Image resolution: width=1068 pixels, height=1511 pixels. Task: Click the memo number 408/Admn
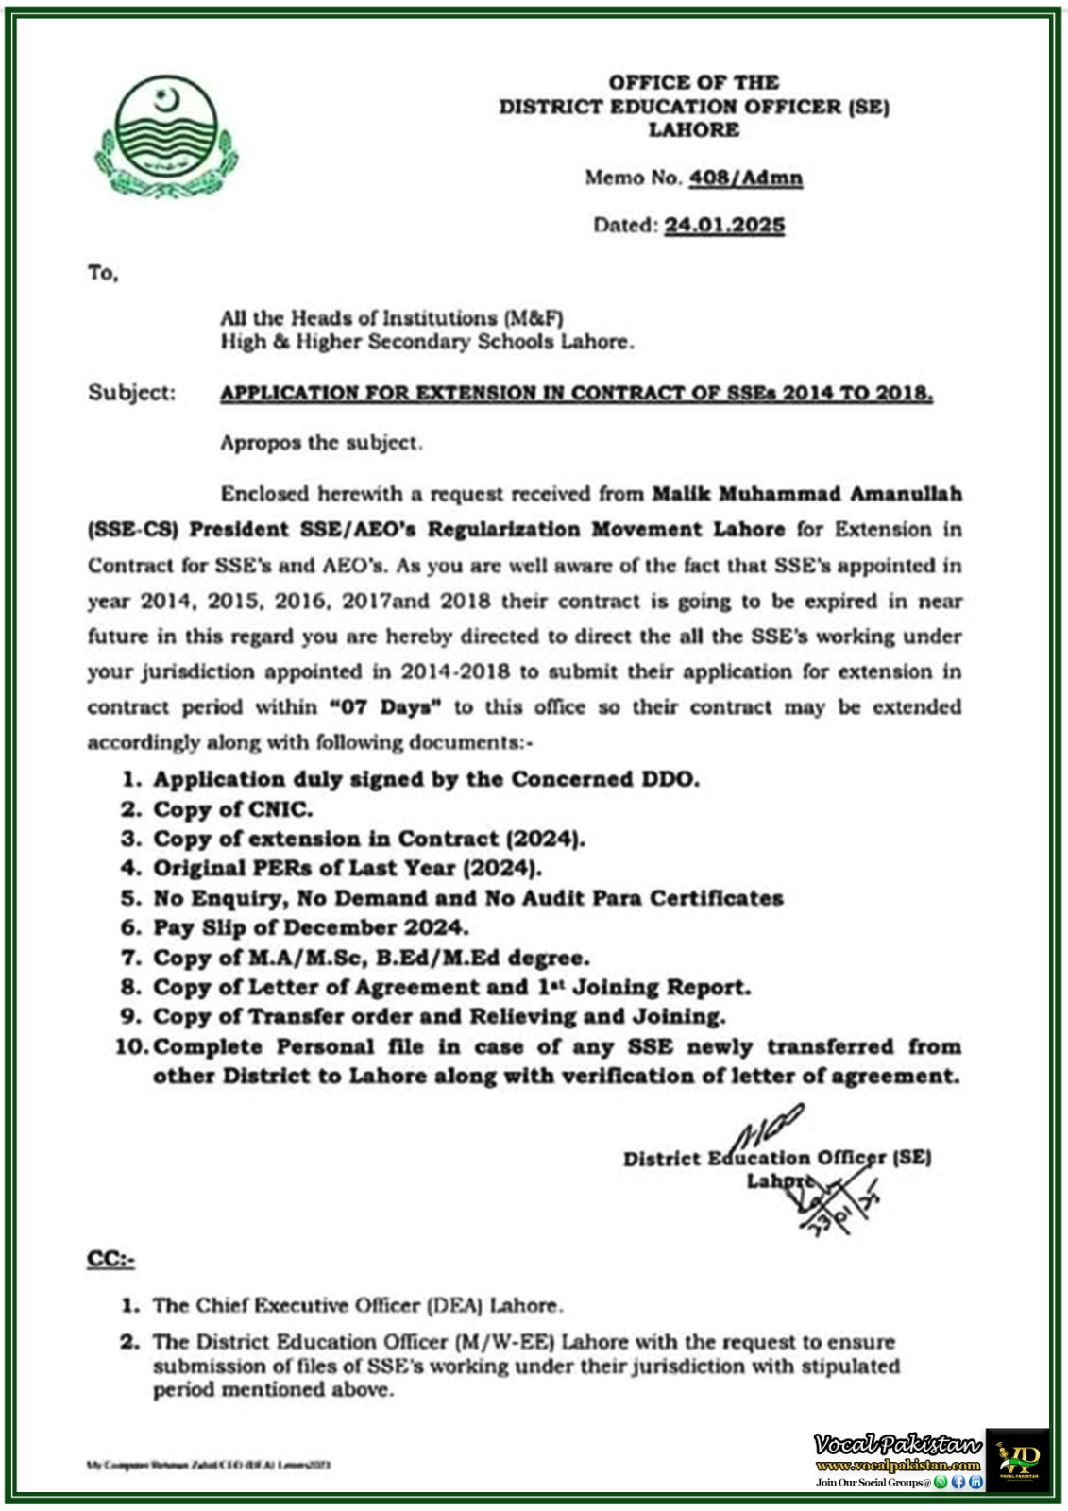(x=746, y=178)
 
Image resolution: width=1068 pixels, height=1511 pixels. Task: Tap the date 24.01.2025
(x=724, y=225)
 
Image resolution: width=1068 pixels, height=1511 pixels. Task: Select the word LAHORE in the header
(x=693, y=129)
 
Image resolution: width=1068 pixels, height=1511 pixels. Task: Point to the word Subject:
(x=132, y=393)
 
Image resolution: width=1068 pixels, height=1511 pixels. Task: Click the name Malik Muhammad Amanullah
(x=807, y=494)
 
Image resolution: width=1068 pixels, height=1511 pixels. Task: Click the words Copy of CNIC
(x=232, y=809)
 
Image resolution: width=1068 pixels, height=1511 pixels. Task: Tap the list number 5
(x=130, y=898)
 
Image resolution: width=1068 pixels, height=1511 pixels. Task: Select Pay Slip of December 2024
(x=311, y=927)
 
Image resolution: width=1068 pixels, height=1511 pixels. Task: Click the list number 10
(x=131, y=1046)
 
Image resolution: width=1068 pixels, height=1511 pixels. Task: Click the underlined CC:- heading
(x=110, y=1259)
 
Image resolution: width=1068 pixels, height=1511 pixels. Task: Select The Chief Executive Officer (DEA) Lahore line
(x=358, y=1306)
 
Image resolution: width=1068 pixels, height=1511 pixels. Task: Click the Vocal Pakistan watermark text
(x=897, y=1445)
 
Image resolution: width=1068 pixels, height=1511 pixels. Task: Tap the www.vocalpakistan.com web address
(x=897, y=1466)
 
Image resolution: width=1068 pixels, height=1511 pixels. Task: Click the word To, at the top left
(x=103, y=274)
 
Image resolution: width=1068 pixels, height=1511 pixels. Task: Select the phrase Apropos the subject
(x=321, y=443)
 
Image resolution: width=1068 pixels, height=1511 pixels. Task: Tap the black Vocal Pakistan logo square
(x=1017, y=1459)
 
